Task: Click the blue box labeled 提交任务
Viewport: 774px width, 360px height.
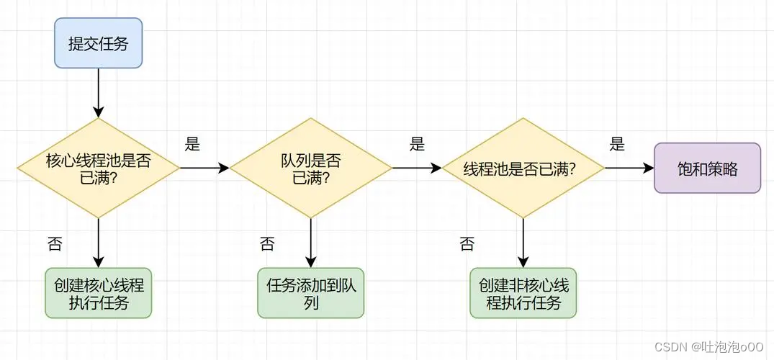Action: click(99, 43)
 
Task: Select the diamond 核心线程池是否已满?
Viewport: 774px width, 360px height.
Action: click(99, 168)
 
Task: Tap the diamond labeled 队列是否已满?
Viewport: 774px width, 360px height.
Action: click(311, 168)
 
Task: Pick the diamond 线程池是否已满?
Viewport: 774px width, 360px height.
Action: click(523, 168)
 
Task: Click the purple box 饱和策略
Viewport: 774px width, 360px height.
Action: click(707, 168)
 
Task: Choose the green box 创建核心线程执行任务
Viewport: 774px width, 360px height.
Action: click(99, 294)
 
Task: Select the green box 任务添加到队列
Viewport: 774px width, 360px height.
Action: click(311, 294)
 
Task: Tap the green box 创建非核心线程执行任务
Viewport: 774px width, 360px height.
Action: click(523, 294)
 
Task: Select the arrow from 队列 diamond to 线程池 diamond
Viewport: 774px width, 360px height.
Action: click(416, 168)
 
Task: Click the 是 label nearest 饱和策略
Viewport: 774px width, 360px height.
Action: click(617, 144)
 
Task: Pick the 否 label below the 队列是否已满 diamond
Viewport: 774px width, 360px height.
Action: click(267, 243)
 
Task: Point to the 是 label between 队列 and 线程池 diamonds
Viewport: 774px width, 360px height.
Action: click(418, 144)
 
